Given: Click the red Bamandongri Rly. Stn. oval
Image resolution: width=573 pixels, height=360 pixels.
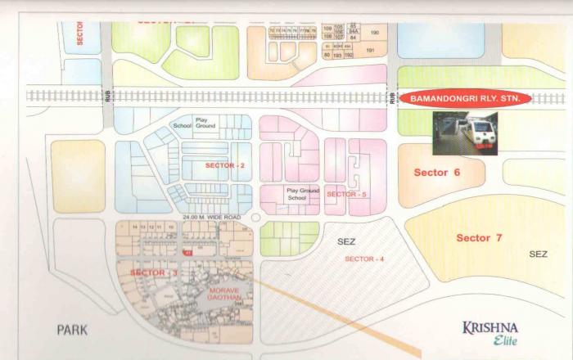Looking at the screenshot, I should [464, 99].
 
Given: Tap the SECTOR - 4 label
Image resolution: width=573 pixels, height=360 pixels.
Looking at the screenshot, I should [363, 258].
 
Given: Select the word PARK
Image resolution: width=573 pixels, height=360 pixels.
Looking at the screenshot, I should [71, 330].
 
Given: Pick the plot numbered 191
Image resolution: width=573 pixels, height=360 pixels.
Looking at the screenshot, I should [369, 51].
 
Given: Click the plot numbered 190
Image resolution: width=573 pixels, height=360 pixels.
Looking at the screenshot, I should [375, 33].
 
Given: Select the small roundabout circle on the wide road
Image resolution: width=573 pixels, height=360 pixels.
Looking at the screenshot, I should [255, 218].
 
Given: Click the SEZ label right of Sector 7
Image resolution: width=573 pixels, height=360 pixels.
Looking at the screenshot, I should [538, 254].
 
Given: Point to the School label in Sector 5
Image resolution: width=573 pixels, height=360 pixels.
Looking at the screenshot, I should [297, 198].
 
